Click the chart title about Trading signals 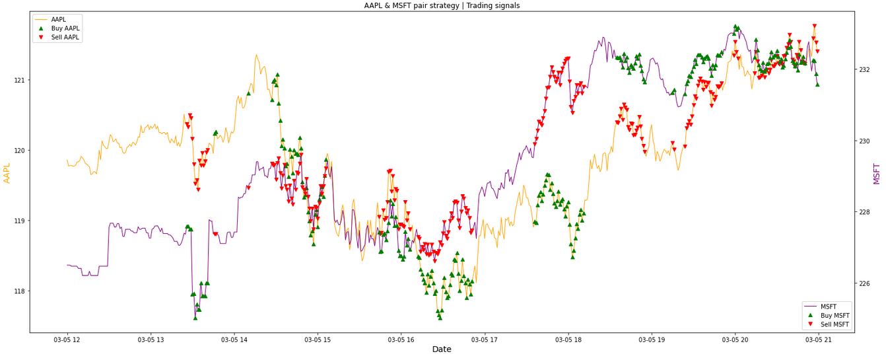pyautogui.click(x=442, y=5)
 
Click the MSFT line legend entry pyautogui.click(x=828, y=306)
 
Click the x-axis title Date pyautogui.click(x=442, y=349)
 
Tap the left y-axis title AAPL pyautogui.click(x=7, y=174)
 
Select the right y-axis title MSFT pyautogui.click(x=877, y=174)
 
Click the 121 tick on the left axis pyautogui.click(x=19, y=80)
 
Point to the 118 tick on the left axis pyautogui.click(x=19, y=291)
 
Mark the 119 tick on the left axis pyautogui.click(x=19, y=221)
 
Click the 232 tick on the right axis pyautogui.click(x=865, y=69)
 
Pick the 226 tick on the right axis pyautogui.click(x=865, y=283)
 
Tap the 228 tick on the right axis pyautogui.click(x=865, y=212)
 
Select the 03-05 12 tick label pyautogui.click(x=67, y=340)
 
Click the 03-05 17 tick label pyautogui.click(x=485, y=340)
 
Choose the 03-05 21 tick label pyautogui.click(x=819, y=340)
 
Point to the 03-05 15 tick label pyautogui.click(x=318, y=340)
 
